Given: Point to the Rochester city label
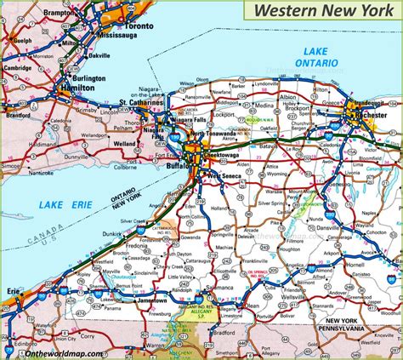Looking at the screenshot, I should pos(376,116).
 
